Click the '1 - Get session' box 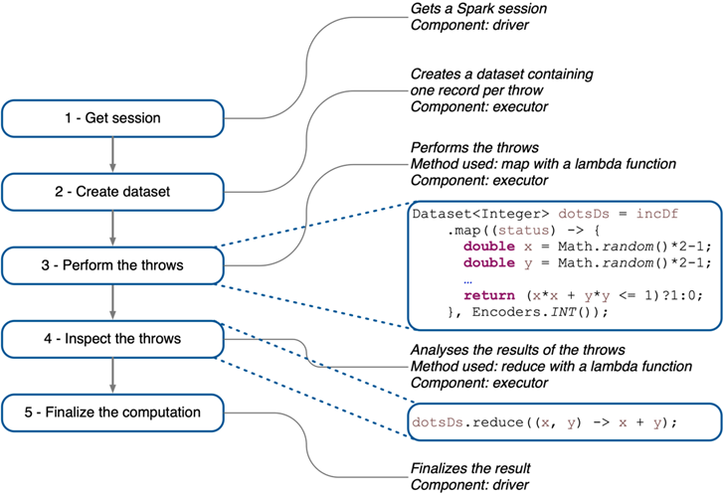111,118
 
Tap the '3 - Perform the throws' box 111,264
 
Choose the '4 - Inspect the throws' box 111,338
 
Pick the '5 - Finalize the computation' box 111,411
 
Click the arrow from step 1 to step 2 112,155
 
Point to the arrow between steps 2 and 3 112,229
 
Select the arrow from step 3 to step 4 112,301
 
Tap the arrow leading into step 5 112,375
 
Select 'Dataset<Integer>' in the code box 462,214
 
